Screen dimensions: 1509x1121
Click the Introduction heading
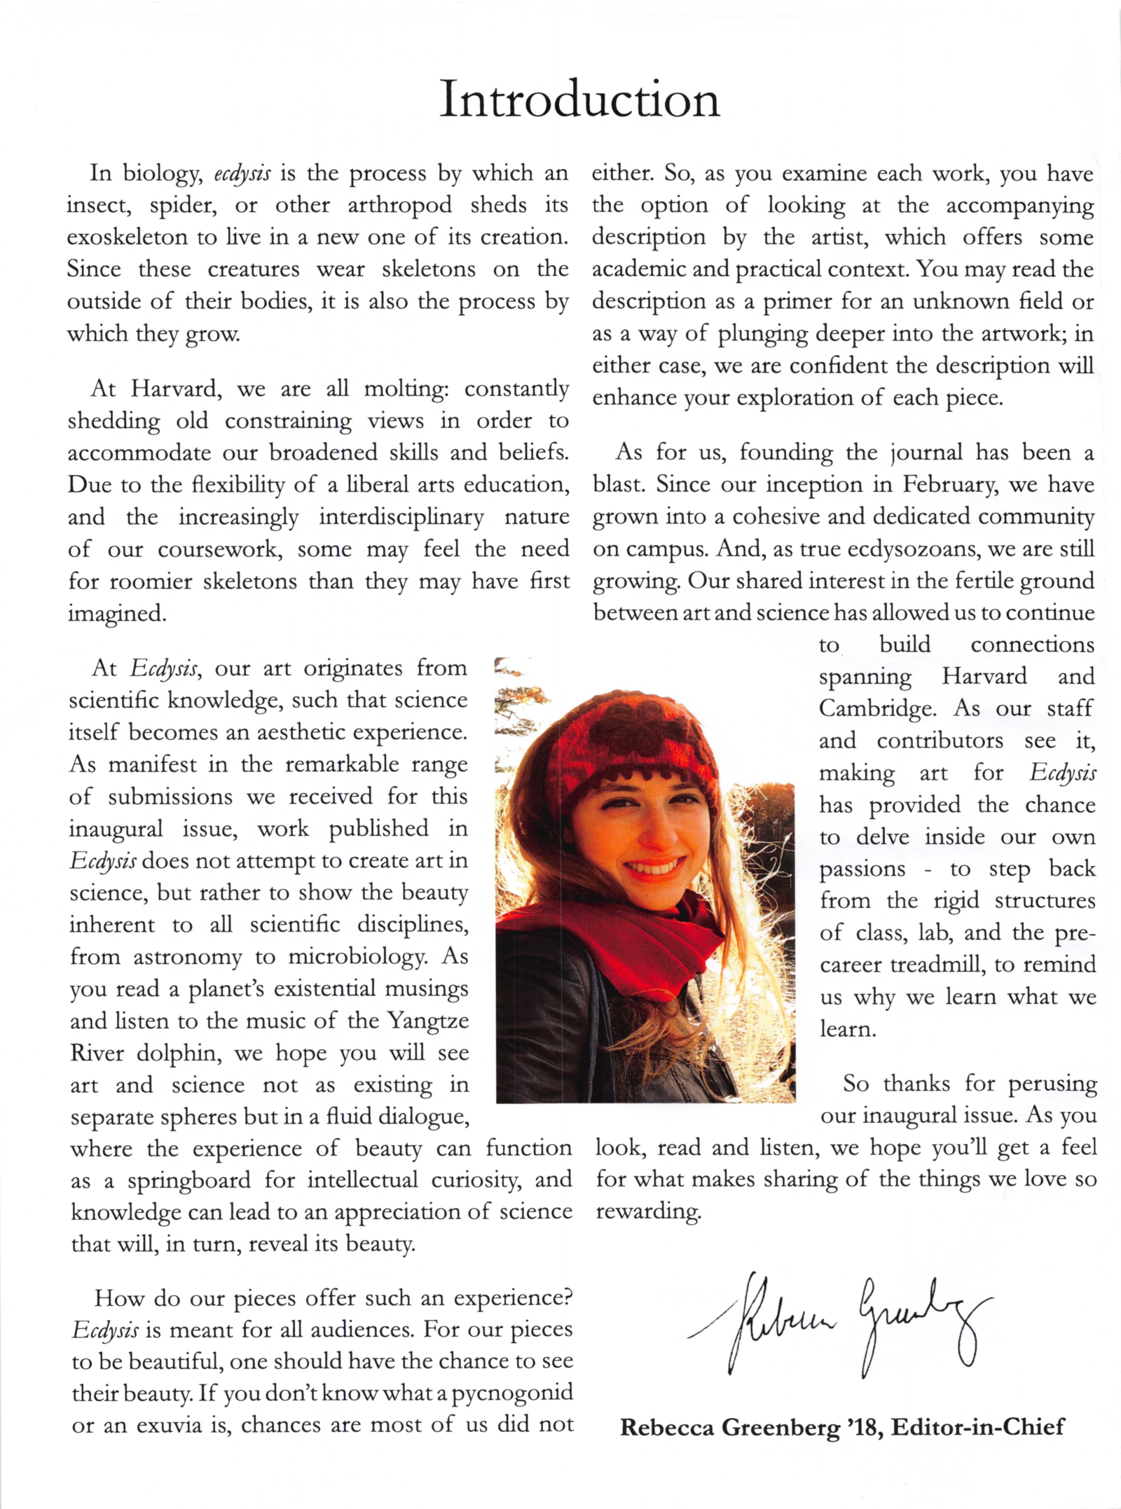(x=579, y=99)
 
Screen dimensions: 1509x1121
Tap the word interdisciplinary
(x=401, y=518)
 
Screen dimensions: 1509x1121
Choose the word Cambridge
(x=877, y=709)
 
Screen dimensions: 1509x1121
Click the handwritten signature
(x=841, y=1324)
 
